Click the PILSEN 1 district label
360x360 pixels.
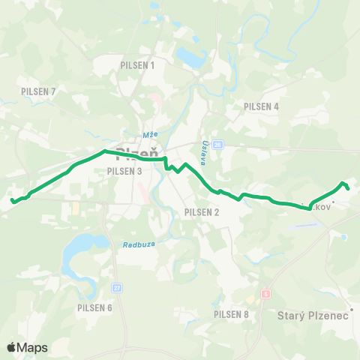137,65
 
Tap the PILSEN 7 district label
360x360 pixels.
39,91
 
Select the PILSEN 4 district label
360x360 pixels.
261,106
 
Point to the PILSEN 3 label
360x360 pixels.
124,171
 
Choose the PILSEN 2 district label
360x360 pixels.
201,211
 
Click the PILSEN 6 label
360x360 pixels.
94,307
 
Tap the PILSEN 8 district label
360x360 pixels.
231,314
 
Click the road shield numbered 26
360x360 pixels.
217,145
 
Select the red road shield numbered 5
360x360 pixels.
265,294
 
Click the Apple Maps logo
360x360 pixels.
26,347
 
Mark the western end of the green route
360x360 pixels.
13,200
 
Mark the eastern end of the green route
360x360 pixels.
349,187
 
